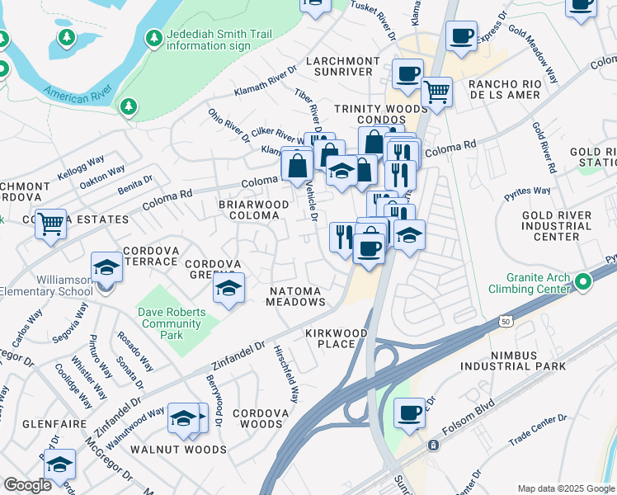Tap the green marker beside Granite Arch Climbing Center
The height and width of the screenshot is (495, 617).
pos(583,282)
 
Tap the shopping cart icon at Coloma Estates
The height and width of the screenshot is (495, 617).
pos(51,223)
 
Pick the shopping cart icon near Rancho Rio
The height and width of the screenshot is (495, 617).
pos(436,92)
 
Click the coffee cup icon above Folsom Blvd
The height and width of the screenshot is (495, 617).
pos(408,413)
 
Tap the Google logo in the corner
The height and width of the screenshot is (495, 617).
pos(27,485)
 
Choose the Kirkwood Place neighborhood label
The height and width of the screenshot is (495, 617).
pos(336,338)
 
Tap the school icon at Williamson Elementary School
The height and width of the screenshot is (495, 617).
pos(106,267)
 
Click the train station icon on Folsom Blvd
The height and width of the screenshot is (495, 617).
pos(433,445)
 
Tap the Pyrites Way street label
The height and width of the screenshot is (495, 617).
pos(528,191)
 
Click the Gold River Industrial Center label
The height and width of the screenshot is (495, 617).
pos(557,226)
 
